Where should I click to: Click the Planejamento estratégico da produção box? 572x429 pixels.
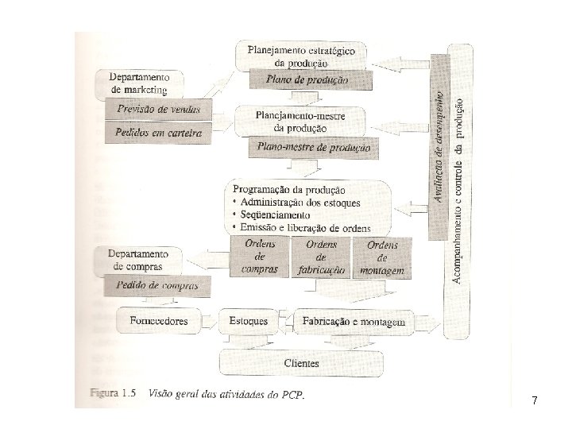tap(302, 56)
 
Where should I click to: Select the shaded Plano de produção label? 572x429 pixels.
tap(310, 79)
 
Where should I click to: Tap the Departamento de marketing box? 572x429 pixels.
tap(139, 84)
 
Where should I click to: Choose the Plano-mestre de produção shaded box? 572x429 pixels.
tap(310, 147)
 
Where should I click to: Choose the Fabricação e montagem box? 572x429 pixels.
tap(354, 322)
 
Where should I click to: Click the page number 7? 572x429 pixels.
tap(535, 401)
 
